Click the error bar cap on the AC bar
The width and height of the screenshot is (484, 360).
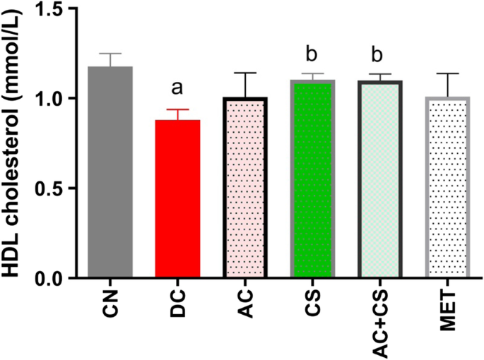(x=245, y=73)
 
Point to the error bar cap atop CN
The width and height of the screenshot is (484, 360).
(x=110, y=54)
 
